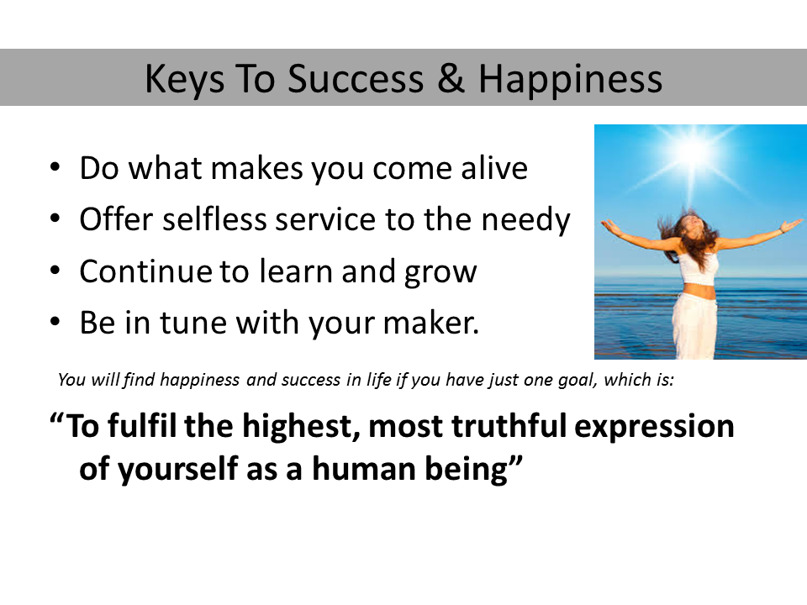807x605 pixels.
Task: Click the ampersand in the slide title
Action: pyautogui.click(x=451, y=79)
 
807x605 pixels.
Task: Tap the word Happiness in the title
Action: pyautogui.click(x=570, y=80)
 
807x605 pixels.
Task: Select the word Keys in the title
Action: pyautogui.click(x=185, y=80)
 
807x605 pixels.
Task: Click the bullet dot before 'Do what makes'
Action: pyautogui.click(x=55, y=167)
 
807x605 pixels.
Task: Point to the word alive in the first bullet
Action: pyautogui.click(x=494, y=168)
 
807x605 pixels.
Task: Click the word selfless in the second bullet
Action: pyautogui.click(x=215, y=218)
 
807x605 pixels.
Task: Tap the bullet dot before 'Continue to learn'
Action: pyautogui.click(x=55, y=271)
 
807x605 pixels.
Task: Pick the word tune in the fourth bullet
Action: pyautogui.click(x=193, y=323)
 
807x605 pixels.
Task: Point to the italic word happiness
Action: pyautogui.click(x=200, y=380)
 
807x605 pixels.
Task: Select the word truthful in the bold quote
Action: pyautogui.click(x=509, y=426)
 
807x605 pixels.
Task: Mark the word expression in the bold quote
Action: pyautogui.click(x=654, y=428)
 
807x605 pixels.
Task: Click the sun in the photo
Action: pyautogui.click(x=694, y=150)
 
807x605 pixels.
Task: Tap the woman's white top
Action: pyautogui.click(x=697, y=269)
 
